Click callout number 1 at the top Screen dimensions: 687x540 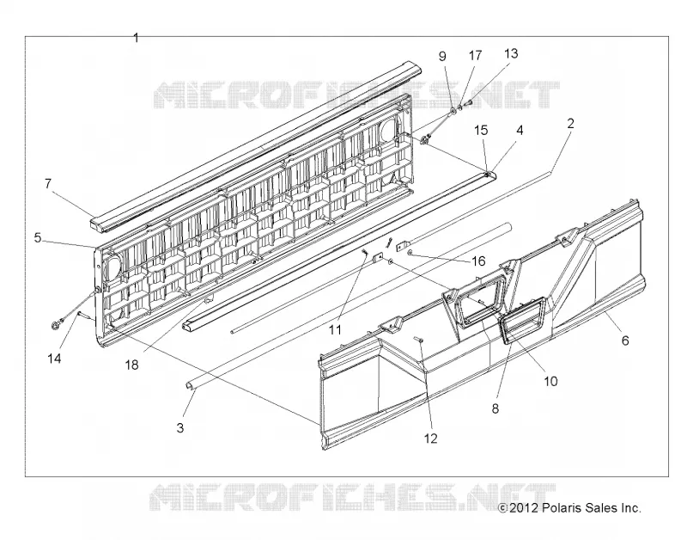coord(136,38)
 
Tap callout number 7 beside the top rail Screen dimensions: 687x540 coord(48,183)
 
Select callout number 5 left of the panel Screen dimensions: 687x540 coord(38,238)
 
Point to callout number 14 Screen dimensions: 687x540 coord(54,359)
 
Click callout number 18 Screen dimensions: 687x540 coord(131,365)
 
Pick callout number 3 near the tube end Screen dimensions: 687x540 coord(180,427)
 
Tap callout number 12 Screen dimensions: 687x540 coord(431,438)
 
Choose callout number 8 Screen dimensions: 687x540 coord(495,408)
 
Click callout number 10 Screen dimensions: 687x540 coord(550,381)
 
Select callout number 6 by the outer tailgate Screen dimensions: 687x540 coord(625,340)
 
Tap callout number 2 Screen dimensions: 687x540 coord(570,123)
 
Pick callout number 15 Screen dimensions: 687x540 coord(481,131)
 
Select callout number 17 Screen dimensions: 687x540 coord(476,55)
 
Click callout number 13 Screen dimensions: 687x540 coord(511,53)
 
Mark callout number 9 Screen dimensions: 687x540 coord(442,56)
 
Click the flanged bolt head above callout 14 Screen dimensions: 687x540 coord(56,325)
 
